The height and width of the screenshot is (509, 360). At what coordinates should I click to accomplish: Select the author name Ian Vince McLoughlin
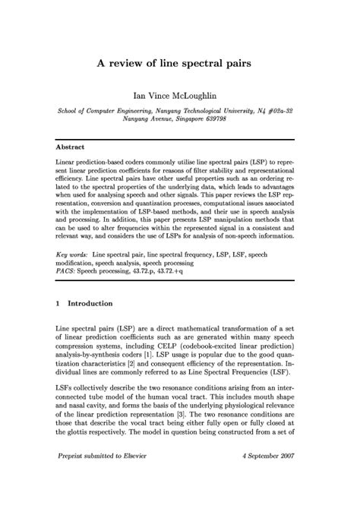pos(179,96)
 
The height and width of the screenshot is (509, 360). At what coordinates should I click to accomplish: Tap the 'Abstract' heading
pos(71,146)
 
